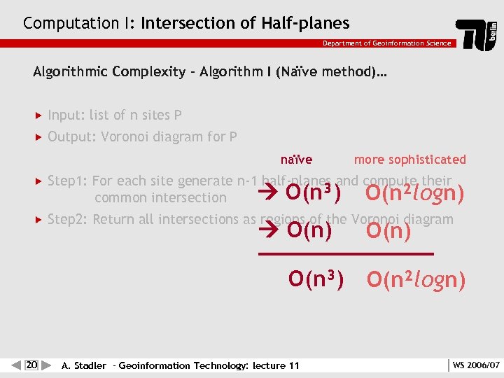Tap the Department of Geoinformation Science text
(x=386, y=43)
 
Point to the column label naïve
(x=296, y=160)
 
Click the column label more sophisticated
(x=409, y=160)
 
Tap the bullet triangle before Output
(x=38, y=137)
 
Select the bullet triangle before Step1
(x=38, y=181)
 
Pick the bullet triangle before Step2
(x=38, y=220)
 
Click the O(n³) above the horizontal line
(x=314, y=192)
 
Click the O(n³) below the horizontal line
(x=316, y=279)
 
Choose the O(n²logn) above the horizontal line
(x=414, y=192)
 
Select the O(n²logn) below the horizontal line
(x=416, y=280)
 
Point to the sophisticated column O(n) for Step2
(x=388, y=230)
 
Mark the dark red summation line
(x=346, y=253)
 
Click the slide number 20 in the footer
(x=31, y=365)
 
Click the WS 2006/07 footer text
(x=476, y=365)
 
